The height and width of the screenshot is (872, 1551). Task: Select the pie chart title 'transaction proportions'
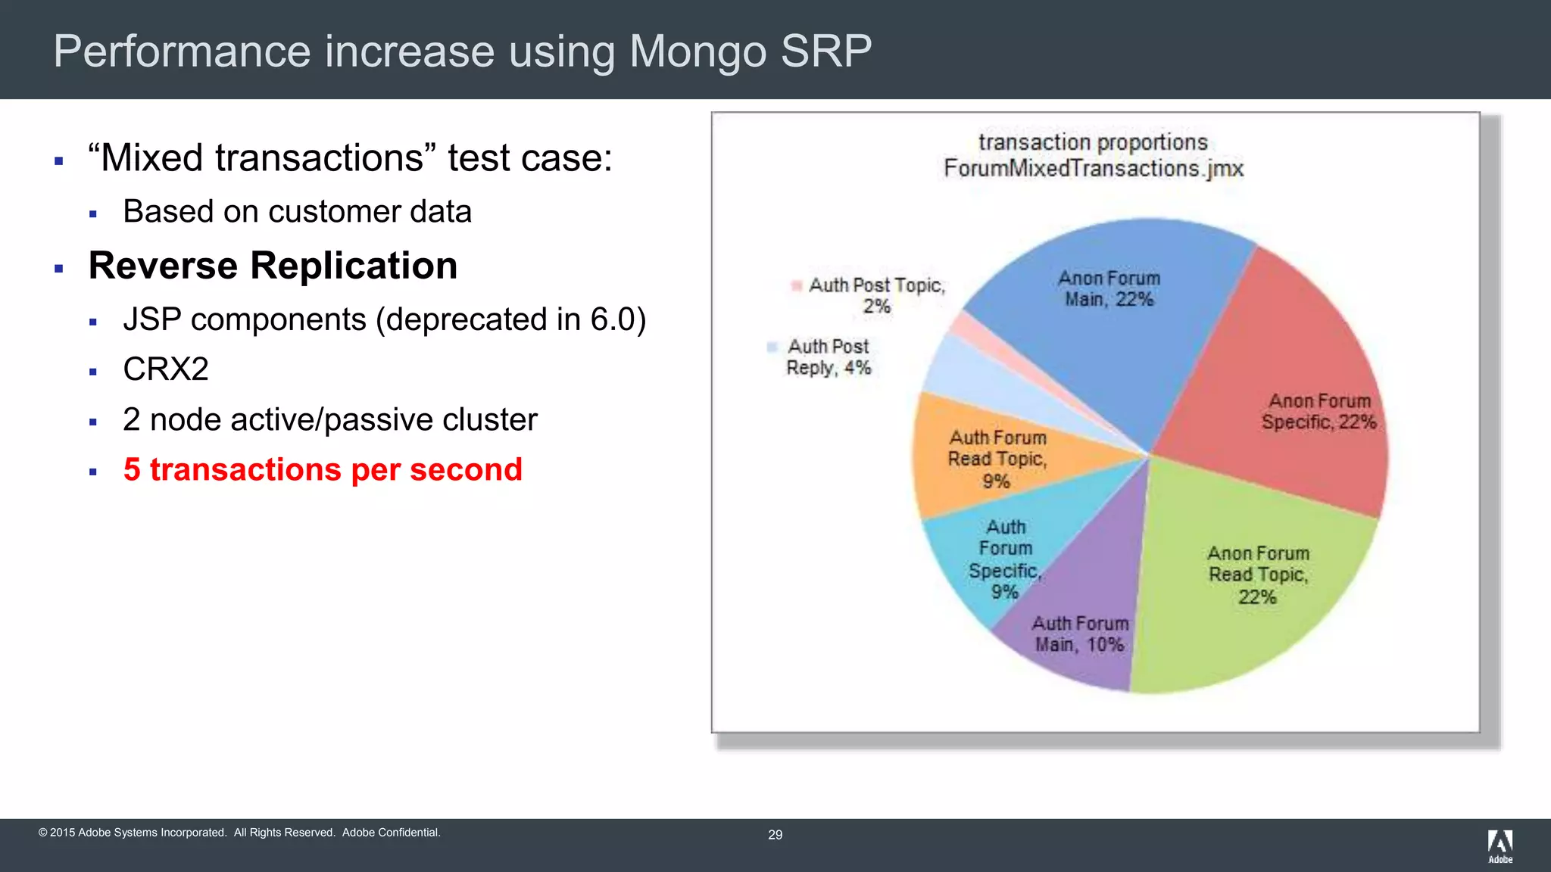(x=1092, y=142)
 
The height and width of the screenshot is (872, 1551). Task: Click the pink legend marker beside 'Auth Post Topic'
(x=796, y=285)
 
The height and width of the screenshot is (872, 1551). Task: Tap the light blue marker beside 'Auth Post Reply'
(x=772, y=347)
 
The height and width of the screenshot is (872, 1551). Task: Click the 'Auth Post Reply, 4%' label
(x=829, y=357)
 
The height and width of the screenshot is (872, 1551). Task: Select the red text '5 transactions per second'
(x=323, y=469)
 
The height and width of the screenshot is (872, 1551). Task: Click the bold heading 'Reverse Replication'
(x=273, y=266)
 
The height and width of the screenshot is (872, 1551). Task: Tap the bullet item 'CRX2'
(x=166, y=369)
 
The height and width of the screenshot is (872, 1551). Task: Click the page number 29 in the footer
(x=775, y=835)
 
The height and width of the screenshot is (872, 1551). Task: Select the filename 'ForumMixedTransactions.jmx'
(x=1093, y=168)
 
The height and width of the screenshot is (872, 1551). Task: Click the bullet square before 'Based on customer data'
(x=93, y=214)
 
